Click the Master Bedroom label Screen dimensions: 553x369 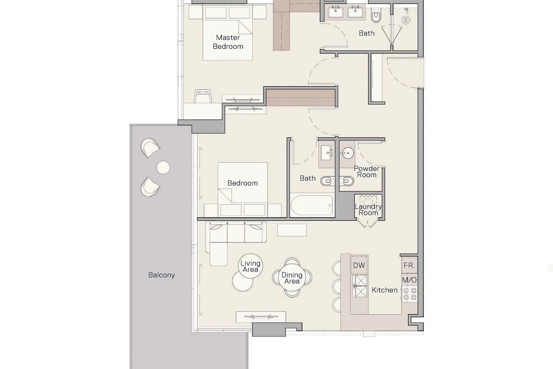pos(228,42)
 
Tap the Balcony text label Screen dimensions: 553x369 pos(161,275)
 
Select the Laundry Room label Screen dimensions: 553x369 pos(368,210)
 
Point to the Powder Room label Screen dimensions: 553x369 pos(367,172)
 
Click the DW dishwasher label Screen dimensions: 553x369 pos(359,266)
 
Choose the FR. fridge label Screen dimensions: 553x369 pos(409,266)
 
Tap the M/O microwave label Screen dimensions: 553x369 pos(409,280)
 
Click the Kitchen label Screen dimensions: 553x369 pos(385,290)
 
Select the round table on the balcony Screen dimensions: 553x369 pos(163,167)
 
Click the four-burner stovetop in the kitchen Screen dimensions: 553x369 pos(410,294)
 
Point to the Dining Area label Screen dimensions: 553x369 pos(292,278)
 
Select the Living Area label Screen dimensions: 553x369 pos(250,266)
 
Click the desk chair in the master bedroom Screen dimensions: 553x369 pos(203,96)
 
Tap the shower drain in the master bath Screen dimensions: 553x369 pos(406,20)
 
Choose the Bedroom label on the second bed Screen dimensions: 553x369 pos(242,183)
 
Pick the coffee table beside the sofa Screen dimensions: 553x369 pos(292,230)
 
